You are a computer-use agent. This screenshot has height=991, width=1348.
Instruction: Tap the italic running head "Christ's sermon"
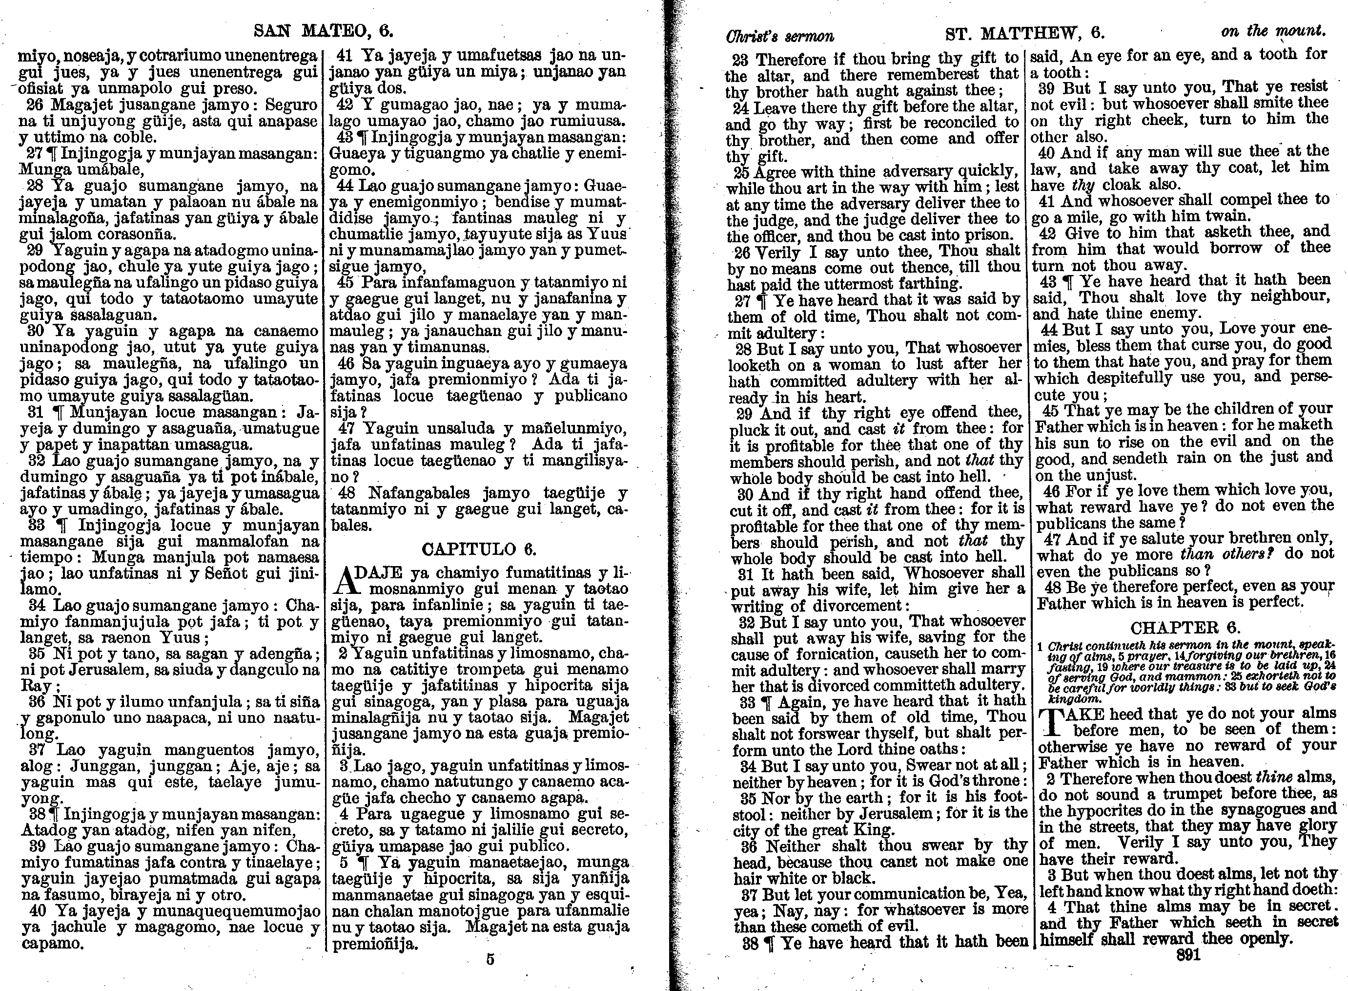pos(780,36)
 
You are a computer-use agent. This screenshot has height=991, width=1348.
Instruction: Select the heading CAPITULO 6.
pos(479,549)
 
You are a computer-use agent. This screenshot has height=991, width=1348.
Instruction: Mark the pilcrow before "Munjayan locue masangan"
pos(58,413)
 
